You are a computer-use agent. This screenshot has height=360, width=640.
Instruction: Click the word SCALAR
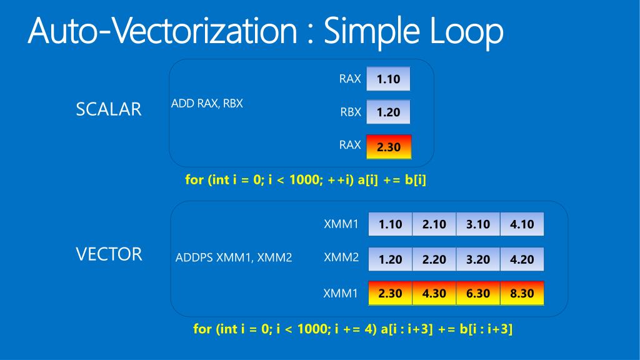click(108, 109)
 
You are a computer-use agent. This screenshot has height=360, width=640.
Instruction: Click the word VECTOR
click(109, 254)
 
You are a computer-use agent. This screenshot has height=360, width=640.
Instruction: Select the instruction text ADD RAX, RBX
click(207, 104)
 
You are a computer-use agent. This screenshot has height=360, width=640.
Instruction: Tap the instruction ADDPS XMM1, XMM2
click(234, 257)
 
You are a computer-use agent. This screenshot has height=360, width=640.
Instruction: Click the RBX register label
click(351, 112)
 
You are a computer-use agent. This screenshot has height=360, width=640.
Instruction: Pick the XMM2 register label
click(341, 256)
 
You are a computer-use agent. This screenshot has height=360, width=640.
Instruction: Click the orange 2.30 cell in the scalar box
click(388, 148)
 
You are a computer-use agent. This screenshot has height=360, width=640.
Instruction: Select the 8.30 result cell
click(522, 293)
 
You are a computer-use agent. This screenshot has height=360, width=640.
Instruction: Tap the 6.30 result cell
click(478, 293)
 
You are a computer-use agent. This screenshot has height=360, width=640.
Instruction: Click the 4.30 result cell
click(434, 293)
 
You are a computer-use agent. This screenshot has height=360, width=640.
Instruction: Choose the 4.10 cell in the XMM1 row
click(522, 224)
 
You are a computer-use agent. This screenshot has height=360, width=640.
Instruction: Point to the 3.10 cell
click(478, 224)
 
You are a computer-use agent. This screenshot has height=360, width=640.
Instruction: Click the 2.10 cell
click(434, 224)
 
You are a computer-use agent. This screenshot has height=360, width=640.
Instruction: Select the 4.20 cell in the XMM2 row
click(522, 259)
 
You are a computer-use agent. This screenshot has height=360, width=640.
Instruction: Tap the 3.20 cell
click(478, 259)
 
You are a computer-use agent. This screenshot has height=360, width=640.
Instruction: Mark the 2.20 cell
click(434, 259)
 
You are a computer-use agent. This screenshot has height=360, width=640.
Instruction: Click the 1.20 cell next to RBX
click(388, 112)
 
